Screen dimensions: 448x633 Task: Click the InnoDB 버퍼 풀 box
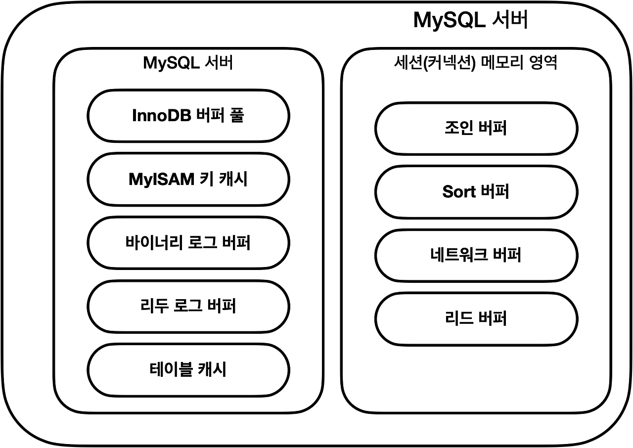188,116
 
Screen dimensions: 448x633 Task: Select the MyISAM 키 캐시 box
188,179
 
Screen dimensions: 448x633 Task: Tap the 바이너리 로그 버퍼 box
188,243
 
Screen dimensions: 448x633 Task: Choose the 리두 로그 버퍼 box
188,306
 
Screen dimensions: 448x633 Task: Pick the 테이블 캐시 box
188,369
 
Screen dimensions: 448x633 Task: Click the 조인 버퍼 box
476,129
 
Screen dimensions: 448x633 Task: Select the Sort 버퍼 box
476,192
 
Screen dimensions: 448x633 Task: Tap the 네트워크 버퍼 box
476,255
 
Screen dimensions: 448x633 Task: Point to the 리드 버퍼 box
476,318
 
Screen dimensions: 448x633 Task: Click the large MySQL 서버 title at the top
470,21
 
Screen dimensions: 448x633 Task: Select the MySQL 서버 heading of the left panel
188,63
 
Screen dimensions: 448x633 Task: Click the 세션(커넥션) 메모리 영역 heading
476,63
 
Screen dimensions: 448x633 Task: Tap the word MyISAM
161,179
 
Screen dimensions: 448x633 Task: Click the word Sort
459,192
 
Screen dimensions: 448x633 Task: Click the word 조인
459,129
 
